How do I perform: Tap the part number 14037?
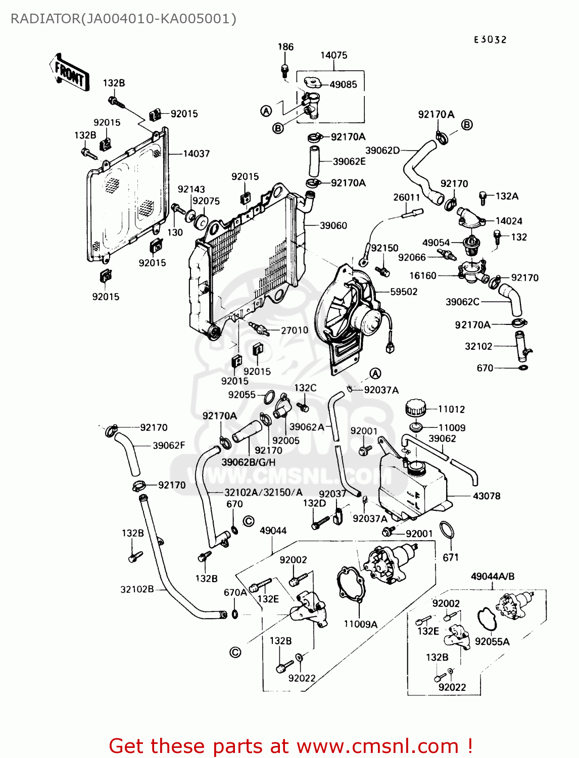pyautogui.click(x=196, y=154)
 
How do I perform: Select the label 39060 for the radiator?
pyautogui.click(x=333, y=225)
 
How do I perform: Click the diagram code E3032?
pyautogui.click(x=490, y=39)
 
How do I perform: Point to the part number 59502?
pyautogui.click(x=404, y=292)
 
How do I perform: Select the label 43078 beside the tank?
pyautogui.click(x=486, y=496)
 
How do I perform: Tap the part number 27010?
pyautogui.click(x=294, y=330)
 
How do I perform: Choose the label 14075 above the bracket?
pyautogui.click(x=333, y=55)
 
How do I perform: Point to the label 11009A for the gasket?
pyautogui.click(x=360, y=624)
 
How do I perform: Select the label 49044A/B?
pyautogui.click(x=492, y=576)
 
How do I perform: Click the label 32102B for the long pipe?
pyautogui.click(x=137, y=589)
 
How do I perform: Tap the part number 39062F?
pyautogui.click(x=169, y=446)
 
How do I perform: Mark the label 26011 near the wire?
pyautogui.click(x=406, y=197)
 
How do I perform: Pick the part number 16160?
pyautogui.click(x=422, y=275)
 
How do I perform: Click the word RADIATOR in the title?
pyautogui.click(x=44, y=19)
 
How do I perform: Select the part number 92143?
pyautogui.click(x=191, y=189)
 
